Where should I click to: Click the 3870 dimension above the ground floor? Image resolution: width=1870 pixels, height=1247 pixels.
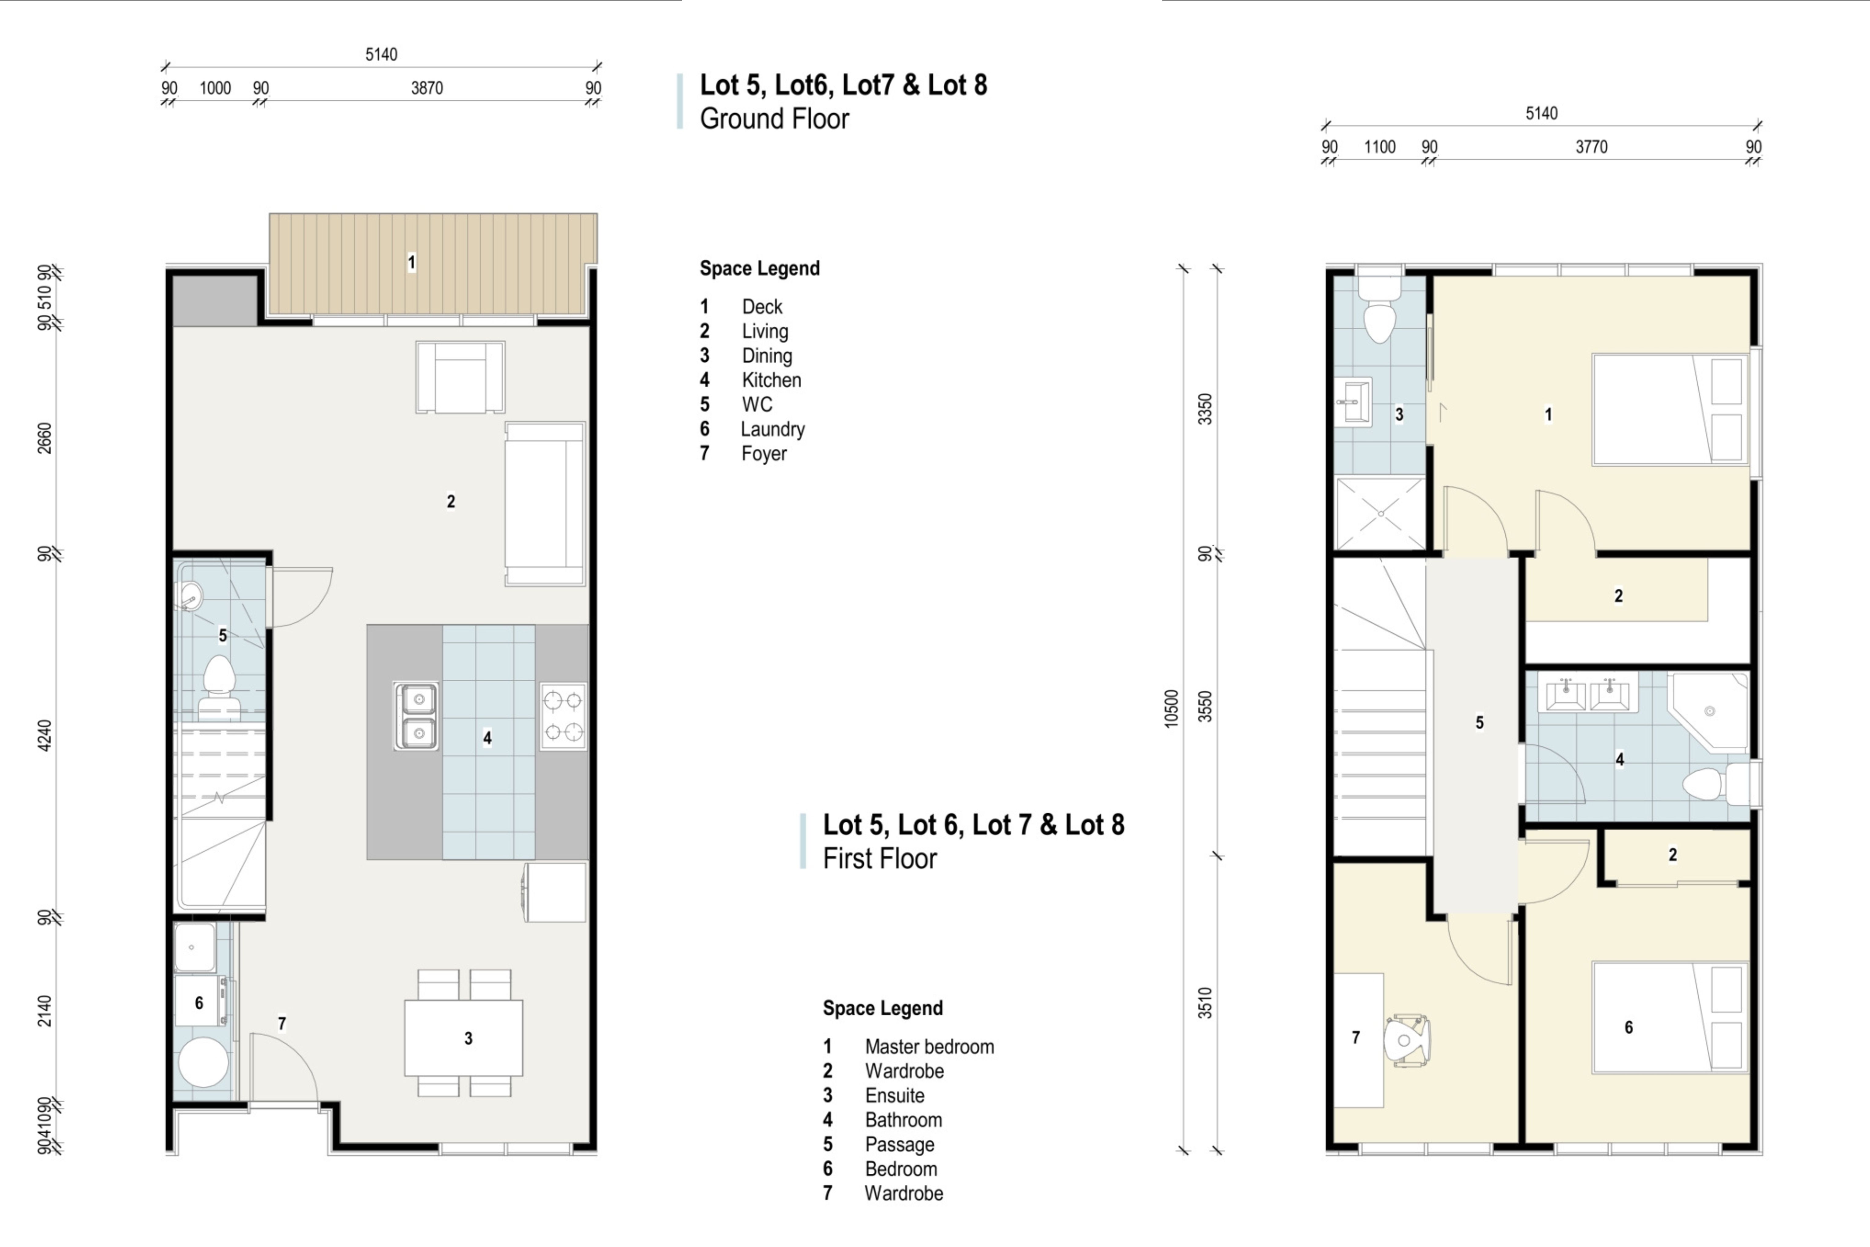[x=427, y=88]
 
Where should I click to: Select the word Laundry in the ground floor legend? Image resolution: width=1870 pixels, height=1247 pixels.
[x=773, y=430]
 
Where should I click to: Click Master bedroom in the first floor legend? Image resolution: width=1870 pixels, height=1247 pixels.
[x=929, y=1047]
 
